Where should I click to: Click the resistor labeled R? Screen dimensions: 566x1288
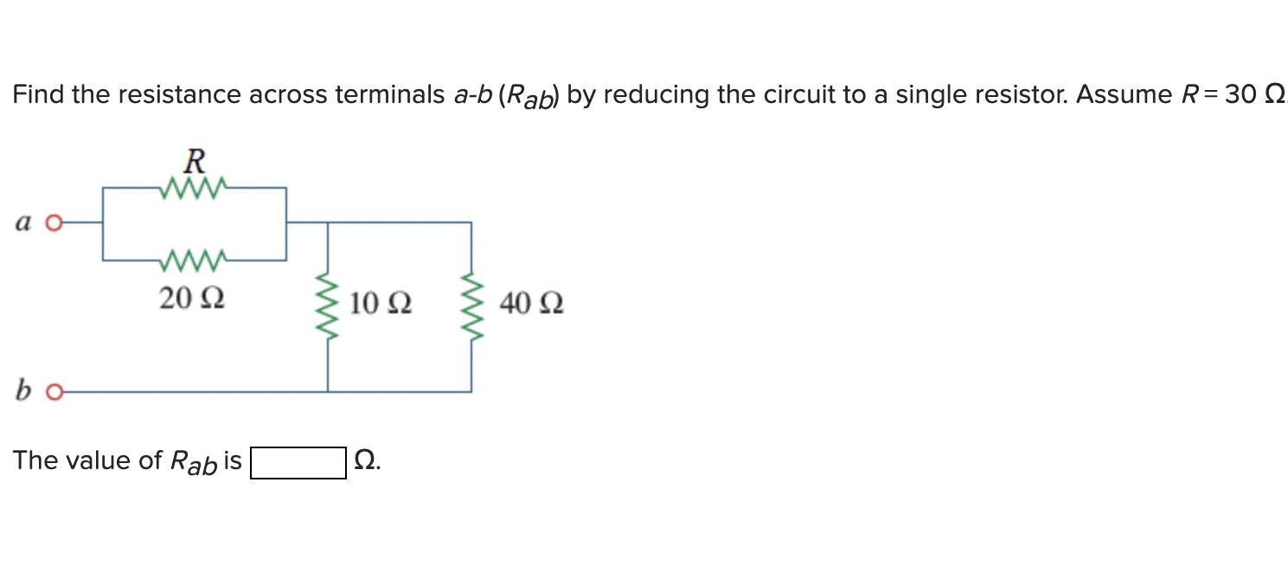point(194,186)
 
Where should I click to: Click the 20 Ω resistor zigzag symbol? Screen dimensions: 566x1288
point(194,258)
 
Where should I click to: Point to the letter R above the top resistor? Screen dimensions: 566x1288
point(195,161)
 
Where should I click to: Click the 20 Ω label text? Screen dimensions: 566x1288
point(192,299)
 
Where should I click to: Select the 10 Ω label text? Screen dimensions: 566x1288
point(381,304)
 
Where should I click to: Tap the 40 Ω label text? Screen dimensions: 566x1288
point(531,304)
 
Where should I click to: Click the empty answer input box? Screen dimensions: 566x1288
point(298,462)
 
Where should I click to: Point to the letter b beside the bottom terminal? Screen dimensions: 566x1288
point(22,391)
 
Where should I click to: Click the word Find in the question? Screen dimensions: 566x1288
point(38,94)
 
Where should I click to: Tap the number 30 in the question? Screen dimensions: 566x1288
point(1240,94)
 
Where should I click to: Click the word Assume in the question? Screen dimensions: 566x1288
point(1123,94)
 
